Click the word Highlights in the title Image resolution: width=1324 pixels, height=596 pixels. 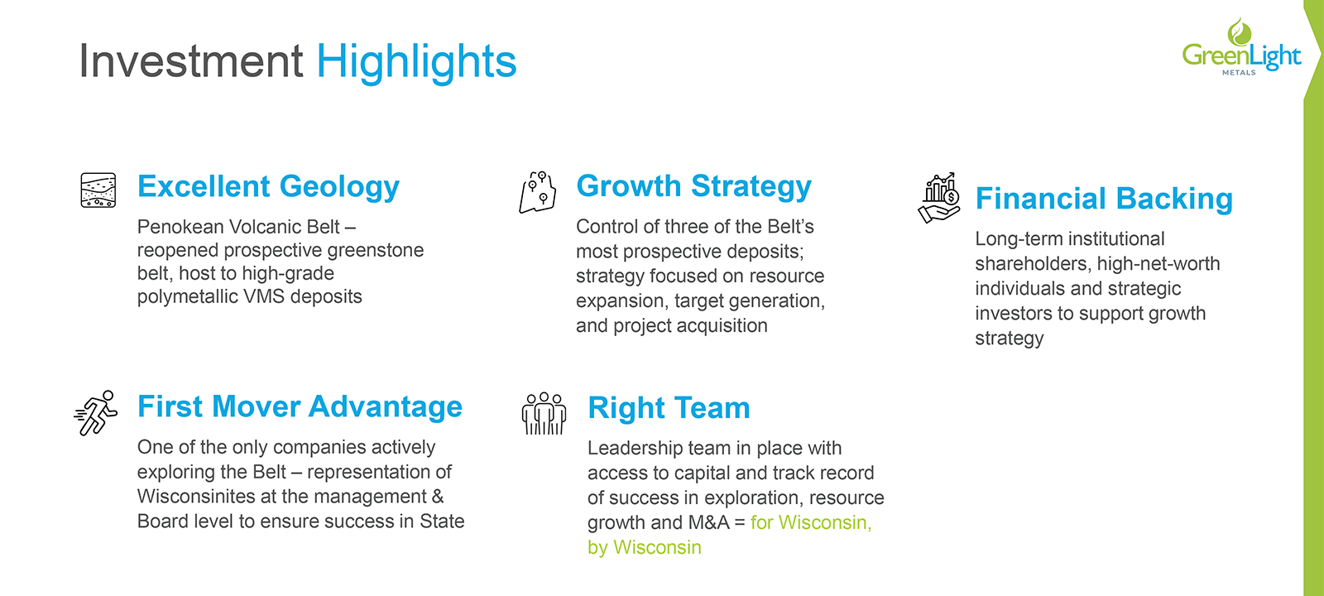(417, 63)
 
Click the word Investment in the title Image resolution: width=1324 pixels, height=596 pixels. (191, 60)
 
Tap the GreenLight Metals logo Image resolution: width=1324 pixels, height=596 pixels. (1241, 47)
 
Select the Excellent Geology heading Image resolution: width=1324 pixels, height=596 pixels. (268, 187)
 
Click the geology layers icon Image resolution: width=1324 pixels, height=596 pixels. (98, 190)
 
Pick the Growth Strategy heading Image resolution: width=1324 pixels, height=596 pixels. (694, 187)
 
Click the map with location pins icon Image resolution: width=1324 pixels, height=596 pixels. (538, 192)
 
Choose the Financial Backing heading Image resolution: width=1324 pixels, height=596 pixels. (1104, 199)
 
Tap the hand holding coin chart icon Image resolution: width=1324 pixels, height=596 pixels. (939, 198)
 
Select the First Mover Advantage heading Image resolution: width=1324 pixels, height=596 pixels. (300, 406)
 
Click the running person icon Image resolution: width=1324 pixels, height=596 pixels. (96, 413)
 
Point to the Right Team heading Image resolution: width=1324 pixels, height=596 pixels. (669, 408)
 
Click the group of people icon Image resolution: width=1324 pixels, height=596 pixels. (544, 413)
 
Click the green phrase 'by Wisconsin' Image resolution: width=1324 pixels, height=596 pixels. (645, 548)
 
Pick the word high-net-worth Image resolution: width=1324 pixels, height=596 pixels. (1158, 264)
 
